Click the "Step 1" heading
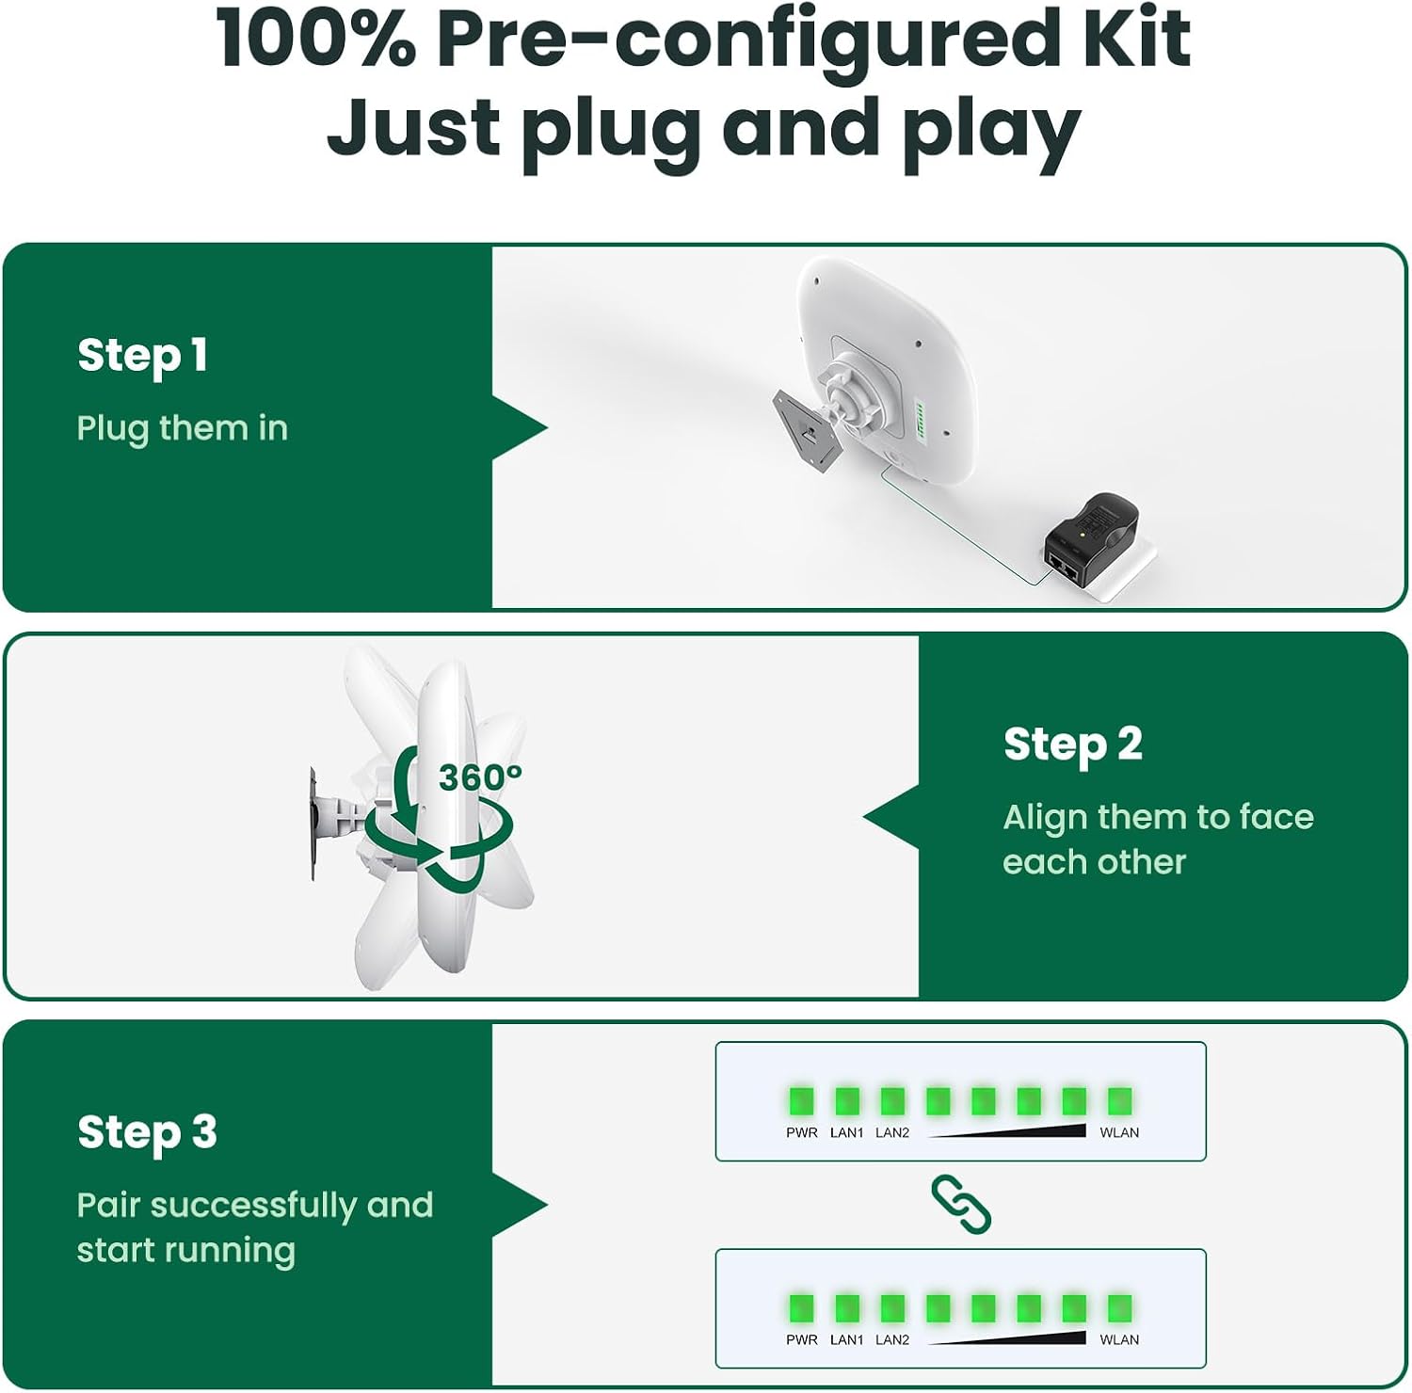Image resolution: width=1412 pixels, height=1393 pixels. tap(142, 356)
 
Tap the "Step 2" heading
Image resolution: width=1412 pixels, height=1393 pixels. tap(1072, 745)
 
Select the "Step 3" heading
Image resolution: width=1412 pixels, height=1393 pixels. tap(147, 1132)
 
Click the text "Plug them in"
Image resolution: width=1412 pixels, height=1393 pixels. tap(182, 428)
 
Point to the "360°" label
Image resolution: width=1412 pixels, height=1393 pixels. tap(480, 777)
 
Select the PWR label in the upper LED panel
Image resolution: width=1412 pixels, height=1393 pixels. tap(802, 1133)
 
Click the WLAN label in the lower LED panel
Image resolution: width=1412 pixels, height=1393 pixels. tap(1119, 1340)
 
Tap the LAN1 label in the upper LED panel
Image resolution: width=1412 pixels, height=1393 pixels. tap(846, 1133)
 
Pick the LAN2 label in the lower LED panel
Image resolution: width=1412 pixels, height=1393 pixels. tap(892, 1340)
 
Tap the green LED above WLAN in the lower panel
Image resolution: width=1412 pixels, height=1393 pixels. tap(1119, 1308)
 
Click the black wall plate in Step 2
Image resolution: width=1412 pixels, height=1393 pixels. tap(313, 824)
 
